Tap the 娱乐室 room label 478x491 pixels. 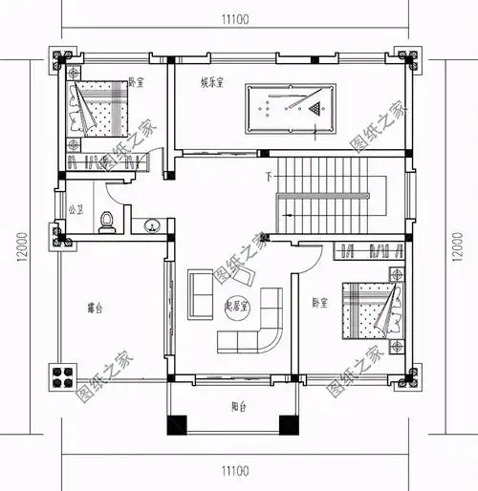tap(213, 82)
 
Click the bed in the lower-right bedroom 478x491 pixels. tap(367, 308)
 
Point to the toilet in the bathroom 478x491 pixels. tap(108, 221)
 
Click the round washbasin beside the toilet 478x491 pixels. tap(151, 226)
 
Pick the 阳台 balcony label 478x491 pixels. tap(239, 408)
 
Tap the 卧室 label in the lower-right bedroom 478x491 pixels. tap(320, 303)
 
